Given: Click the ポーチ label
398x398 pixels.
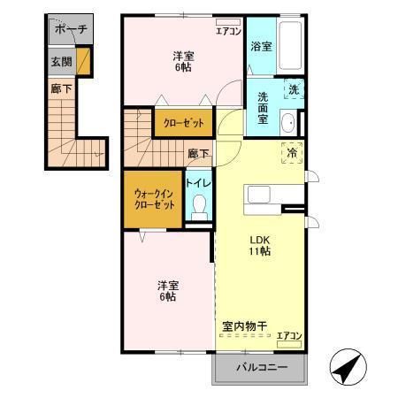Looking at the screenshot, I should [x=71, y=29].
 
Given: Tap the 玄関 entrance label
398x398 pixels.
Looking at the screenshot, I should [x=60, y=62].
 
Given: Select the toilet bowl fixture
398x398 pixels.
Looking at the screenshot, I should [x=199, y=209].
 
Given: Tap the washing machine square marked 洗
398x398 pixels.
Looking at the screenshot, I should [x=293, y=89].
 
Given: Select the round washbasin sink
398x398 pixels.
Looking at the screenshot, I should [x=289, y=122].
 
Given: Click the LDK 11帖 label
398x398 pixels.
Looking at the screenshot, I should [x=259, y=245].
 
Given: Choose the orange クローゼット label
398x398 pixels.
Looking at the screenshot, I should [x=184, y=123].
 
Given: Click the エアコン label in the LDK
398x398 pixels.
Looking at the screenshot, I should [x=288, y=335].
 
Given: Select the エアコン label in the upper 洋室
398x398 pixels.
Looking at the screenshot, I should [x=228, y=31].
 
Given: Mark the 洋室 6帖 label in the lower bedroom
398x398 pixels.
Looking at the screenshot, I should [x=166, y=291].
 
